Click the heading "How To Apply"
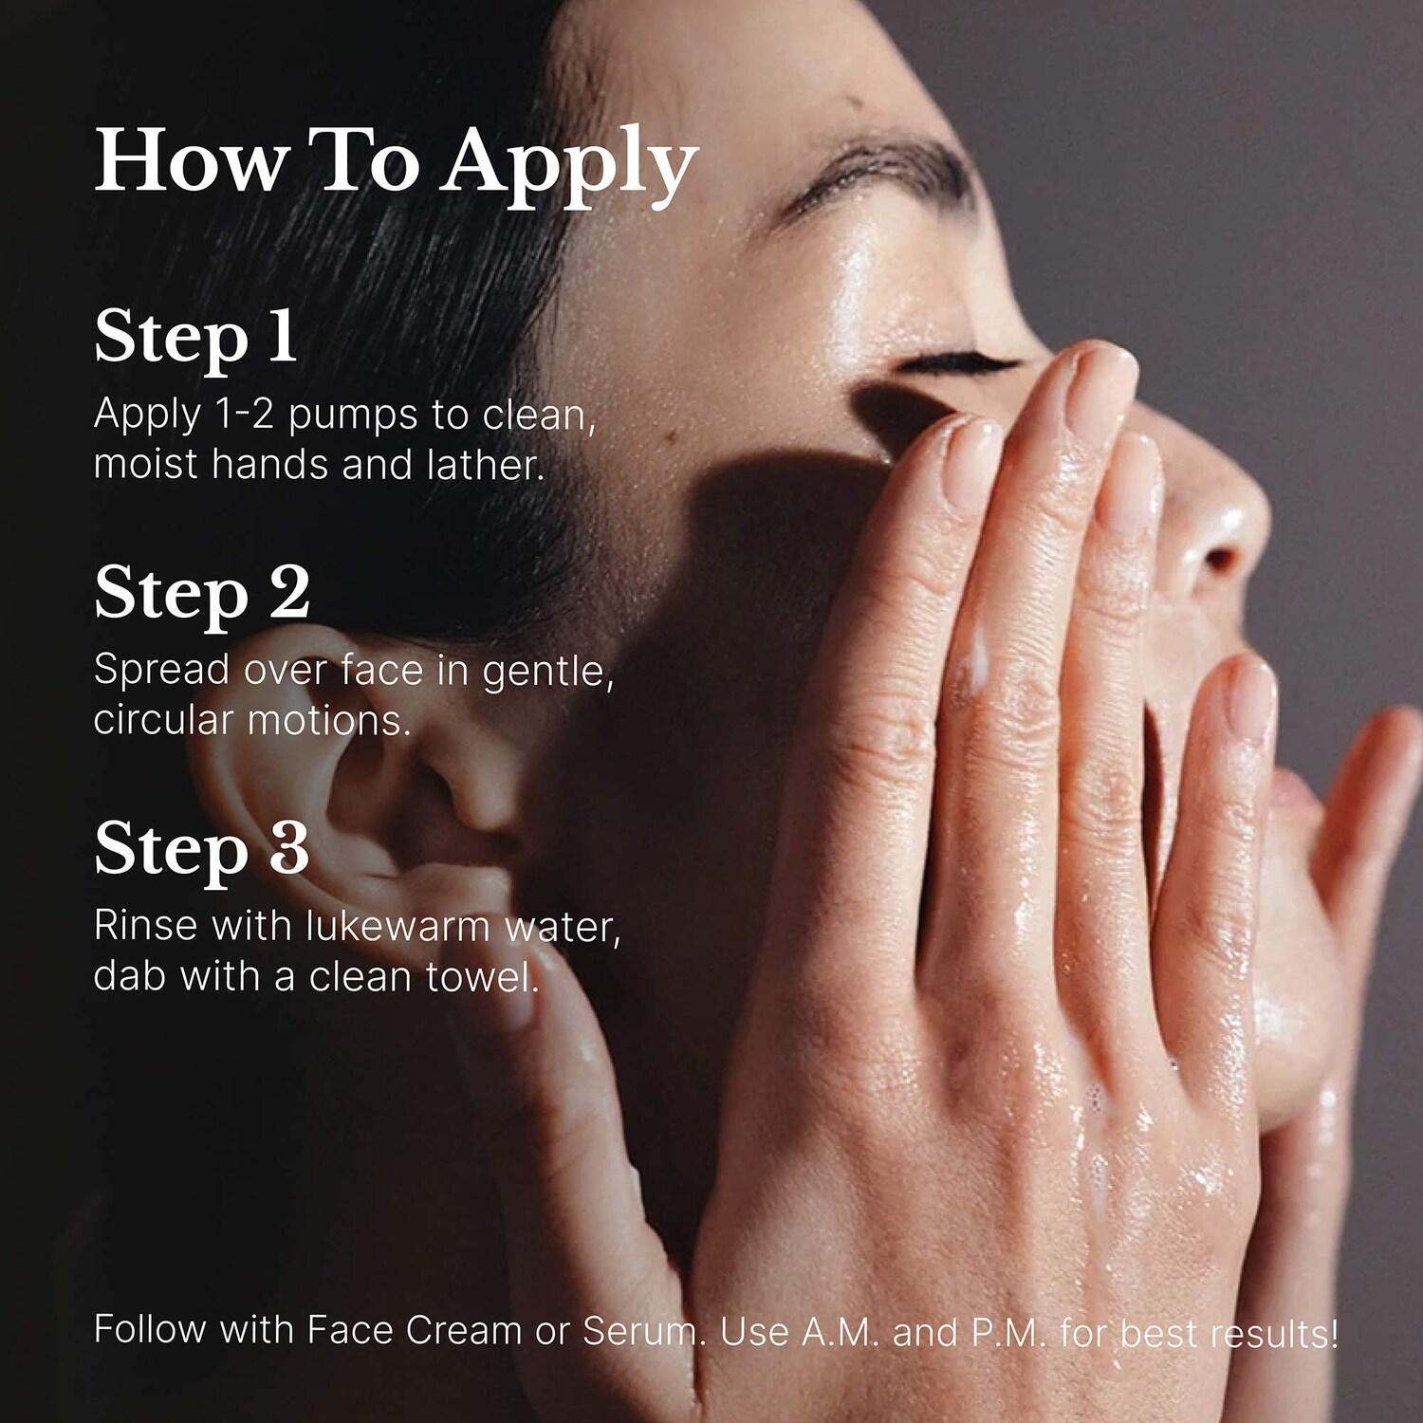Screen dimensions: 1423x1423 (397, 163)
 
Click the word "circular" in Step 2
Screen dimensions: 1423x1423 (163, 720)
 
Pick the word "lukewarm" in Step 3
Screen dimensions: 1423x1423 (397, 926)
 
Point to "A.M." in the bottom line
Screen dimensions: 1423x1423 (840, 1332)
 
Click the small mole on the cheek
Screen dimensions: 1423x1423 (672, 436)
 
